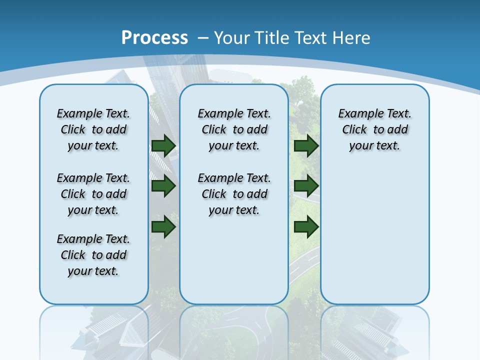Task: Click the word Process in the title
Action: tap(154, 38)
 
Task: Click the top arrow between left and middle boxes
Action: tap(163, 145)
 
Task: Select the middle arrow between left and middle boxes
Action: tap(163, 186)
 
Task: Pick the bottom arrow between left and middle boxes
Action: tap(163, 226)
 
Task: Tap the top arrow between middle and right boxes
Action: tap(306, 145)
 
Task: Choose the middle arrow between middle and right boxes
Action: tap(306, 186)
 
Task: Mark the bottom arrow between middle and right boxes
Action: tap(306, 226)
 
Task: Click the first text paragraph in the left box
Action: tap(93, 129)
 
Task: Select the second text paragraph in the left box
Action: tap(93, 194)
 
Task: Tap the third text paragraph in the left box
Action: tap(93, 255)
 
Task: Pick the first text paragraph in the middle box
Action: tap(234, 129)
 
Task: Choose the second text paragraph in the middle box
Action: tap(234, 194)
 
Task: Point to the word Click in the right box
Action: tap(354, 129)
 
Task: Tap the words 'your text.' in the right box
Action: tap(374, 145)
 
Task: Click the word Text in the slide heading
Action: tap(310, 38)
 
